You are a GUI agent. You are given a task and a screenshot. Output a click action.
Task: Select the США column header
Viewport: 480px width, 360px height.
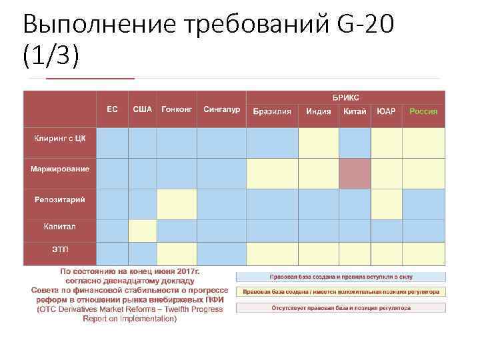click(142, 109)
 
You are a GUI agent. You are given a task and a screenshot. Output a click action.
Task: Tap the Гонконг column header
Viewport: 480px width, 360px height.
click(177, 109)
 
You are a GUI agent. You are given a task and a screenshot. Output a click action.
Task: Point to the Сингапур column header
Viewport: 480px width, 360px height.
click(221, 109)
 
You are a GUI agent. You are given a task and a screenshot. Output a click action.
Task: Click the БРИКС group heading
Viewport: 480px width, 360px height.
click(345, 97)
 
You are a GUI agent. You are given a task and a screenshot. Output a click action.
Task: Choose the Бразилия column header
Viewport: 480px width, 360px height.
click(272, 112)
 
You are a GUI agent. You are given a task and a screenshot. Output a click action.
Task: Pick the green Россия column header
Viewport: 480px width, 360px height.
click(423, 112)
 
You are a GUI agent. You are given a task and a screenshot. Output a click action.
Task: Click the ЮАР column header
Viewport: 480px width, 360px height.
click(386, 112)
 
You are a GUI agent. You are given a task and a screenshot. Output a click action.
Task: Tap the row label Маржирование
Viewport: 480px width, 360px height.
click(60, 169)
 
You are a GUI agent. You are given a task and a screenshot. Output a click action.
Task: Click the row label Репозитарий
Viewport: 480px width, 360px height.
click(60, 199)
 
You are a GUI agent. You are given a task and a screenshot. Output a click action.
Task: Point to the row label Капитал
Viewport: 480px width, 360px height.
click(60, 227)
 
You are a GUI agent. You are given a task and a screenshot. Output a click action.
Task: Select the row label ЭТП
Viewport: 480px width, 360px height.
click(60, 249)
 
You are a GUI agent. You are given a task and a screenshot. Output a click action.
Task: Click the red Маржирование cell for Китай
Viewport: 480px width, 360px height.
click(355, 173)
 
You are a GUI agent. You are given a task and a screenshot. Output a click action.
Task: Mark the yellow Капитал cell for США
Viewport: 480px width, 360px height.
click(142, 231)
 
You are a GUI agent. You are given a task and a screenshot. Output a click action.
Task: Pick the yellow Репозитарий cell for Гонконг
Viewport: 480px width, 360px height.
click(177, 204)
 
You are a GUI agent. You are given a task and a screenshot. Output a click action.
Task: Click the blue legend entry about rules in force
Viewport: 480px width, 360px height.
click(340, 276)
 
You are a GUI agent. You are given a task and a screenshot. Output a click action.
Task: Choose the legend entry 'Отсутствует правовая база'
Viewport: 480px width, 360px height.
click(340, 308)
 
